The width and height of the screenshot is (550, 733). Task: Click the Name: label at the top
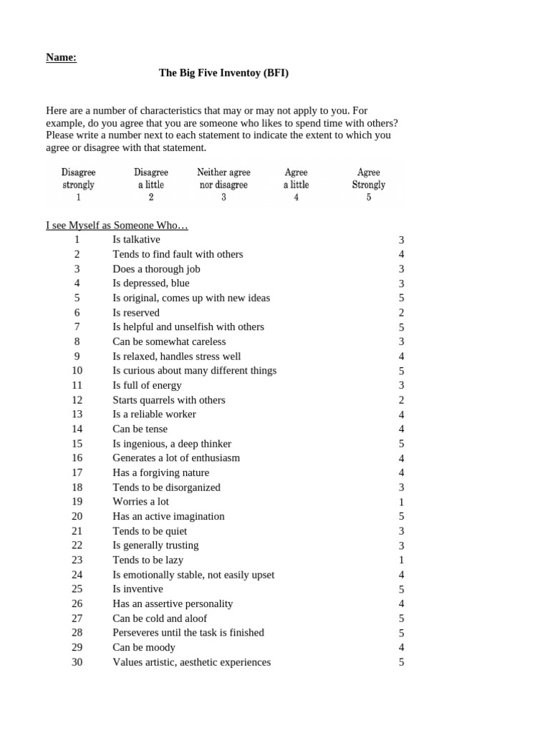pyautogui.click(x=61, y=57)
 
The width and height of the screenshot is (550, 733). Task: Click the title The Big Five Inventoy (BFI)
pyautogui.click(x=223, y=73)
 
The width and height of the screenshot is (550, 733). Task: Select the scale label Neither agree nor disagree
pyautogui.click(x=223, y=178)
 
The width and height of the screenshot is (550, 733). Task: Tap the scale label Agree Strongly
pyautogui.click(x=368, y=178)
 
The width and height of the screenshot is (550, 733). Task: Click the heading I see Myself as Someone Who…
pyautogui.click(x=117, y=225)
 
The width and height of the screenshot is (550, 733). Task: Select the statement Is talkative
pyautogui.click(x=136, y=240)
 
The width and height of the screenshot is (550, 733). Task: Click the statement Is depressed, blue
pyautogui.click(x=151, y=283)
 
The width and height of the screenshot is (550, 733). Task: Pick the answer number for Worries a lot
pyautogui.click(x=402, y=502)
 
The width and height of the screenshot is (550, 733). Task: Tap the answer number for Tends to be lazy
pyautogui.click(x=402, y=560)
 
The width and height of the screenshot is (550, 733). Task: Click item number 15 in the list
pyautogui.click(x=77, y=444)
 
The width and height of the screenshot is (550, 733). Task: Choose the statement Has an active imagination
pyautogui.click(x=168, y=516)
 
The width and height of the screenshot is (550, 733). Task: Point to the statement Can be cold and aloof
pyautogui.click(x=160, y=618)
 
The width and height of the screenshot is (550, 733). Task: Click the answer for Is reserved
pyautogui.click(x=402, y=313)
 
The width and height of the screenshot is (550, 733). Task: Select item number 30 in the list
pyautogui.click(x=77, y=662)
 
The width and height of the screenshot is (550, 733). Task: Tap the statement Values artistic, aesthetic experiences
pyautogui.click(x=191, y=662)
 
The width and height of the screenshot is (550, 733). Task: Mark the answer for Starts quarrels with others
pyautogui.click(x=402, y=400)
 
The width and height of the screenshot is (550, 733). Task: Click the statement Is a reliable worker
pyautogui.click(x=154, y=414)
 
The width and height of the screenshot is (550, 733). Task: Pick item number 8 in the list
pyautogui.click(x=77, y=342)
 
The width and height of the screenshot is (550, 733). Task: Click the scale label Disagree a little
pyautogui.click(x=151, y=178)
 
